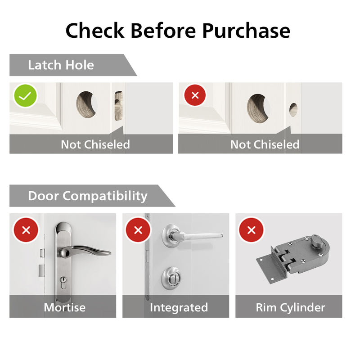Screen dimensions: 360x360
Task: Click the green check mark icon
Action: [x=25, y=95]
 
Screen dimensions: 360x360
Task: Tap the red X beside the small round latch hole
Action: [x=195, y=95]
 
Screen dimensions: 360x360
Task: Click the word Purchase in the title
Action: [x=246, y=31]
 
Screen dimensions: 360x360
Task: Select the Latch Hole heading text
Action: [x=61, y=65]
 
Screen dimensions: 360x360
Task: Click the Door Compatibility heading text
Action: [x=88, y=196]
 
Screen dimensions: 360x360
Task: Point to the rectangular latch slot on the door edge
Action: [x=118, y=106]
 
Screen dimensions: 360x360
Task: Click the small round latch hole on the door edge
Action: [x=293, y=110]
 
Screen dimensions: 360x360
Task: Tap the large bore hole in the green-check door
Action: [x=86, y=105]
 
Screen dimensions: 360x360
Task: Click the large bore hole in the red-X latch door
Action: [x=258, y=108]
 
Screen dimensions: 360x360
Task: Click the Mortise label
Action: [x=64, y=307]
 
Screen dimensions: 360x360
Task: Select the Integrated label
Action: [x=179, y=308]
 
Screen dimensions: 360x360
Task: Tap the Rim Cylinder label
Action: [x=290, y=308]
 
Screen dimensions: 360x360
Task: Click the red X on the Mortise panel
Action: [x=26, y=230]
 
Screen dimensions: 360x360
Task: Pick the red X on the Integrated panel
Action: [x=138, y=230]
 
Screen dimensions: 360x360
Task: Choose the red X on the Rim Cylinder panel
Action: [x=252, y=230]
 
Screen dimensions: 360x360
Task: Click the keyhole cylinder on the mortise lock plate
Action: [x=63, y=283]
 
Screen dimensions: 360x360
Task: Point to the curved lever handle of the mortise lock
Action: [x=85, y=252]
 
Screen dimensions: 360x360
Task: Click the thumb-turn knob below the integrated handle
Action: [x=171, y=278]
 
